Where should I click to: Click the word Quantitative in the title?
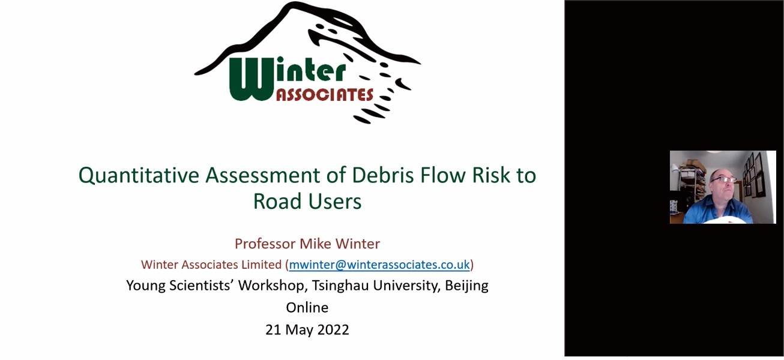click(x=139, y=176)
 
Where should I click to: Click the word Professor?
click(x=265, y=244)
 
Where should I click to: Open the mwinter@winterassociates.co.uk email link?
click(x=379, y=265)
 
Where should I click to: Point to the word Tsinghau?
click(x=340, y=286)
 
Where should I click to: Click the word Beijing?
click(x=466, y=286)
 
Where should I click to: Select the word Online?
click(x=307, y=308)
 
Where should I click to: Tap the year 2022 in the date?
click(x=332, y=329)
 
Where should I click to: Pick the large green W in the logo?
click(x=252, y=79)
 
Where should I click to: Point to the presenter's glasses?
click(x=723, y=179)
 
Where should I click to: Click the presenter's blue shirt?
click(x=717, y=209)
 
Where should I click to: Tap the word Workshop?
click(x=271, y=286)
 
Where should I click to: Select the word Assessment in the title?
click(x=262, y=175)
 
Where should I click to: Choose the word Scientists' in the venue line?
click(x=202, y=286)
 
